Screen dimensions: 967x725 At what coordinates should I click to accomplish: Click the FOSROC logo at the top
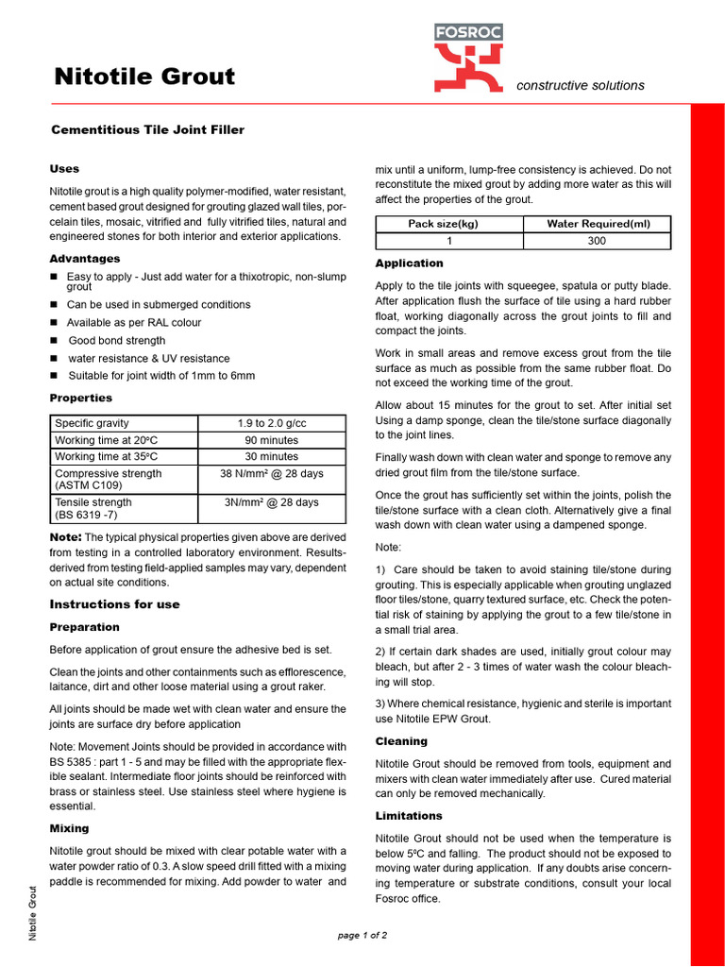[x=468, y=58]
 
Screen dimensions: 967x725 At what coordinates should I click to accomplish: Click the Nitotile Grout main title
[x=144, y=76]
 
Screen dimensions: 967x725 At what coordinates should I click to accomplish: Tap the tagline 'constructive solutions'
[x=581, y=85]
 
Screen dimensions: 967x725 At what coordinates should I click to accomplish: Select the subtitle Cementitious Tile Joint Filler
[x=147, y=129]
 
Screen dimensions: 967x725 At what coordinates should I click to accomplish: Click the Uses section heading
[x=64, y=169]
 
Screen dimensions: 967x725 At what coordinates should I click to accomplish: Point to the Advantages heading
[x=85, y=259]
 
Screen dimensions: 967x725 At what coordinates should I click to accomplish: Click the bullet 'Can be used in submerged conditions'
[x=158, y=305]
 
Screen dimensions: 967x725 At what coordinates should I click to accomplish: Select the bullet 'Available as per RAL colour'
[x=133, y=323]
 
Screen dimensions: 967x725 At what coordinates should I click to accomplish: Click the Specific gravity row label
[x=93, y=423]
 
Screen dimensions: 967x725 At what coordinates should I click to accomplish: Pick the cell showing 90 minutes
[x=271, y=440]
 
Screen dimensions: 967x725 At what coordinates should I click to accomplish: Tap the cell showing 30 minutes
[x=271, y=457]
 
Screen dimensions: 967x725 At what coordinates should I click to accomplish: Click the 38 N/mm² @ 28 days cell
[x=271, y=474]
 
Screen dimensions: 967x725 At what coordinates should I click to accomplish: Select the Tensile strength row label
[x=93, y=502]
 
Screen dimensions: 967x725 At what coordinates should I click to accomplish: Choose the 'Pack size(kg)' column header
[x=443, y=224]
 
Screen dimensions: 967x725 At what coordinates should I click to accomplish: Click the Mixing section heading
[x=69, y=828]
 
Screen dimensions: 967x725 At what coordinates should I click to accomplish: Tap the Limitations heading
[x=409, y=816]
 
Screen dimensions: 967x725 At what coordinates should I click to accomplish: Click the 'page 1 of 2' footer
[x=362, y=936]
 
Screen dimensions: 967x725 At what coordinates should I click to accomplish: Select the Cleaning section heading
[x=401, y=741]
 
